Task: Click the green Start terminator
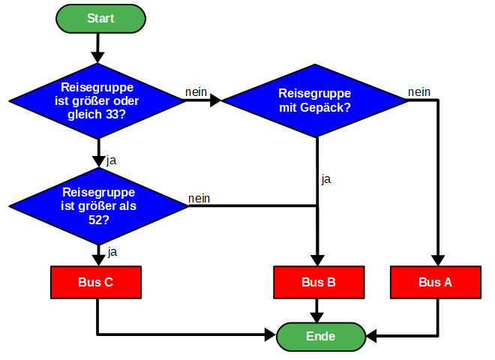(x=100, y=19)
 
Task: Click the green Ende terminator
(x=320, y=337)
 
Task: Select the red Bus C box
(x=97, y=282)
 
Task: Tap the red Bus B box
(x=318, y=282)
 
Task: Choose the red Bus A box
(x=436, y=282)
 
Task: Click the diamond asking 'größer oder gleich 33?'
(x=97, y=100)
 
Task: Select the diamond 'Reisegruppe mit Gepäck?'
(x=315, y=100)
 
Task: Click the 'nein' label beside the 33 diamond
(x=196, y=91)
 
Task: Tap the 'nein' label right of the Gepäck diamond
(x=419, y=91)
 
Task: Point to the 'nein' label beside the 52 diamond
(x=199, y=198)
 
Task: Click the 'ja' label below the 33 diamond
(x=112, y=160)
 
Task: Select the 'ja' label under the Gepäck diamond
(x=326, y=179)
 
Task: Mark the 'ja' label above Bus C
(x=112, y=251)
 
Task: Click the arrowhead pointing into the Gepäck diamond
(x=216, y=100)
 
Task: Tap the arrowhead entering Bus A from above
(x=436, y=259)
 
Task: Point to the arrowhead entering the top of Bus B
(x=318, y=259)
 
